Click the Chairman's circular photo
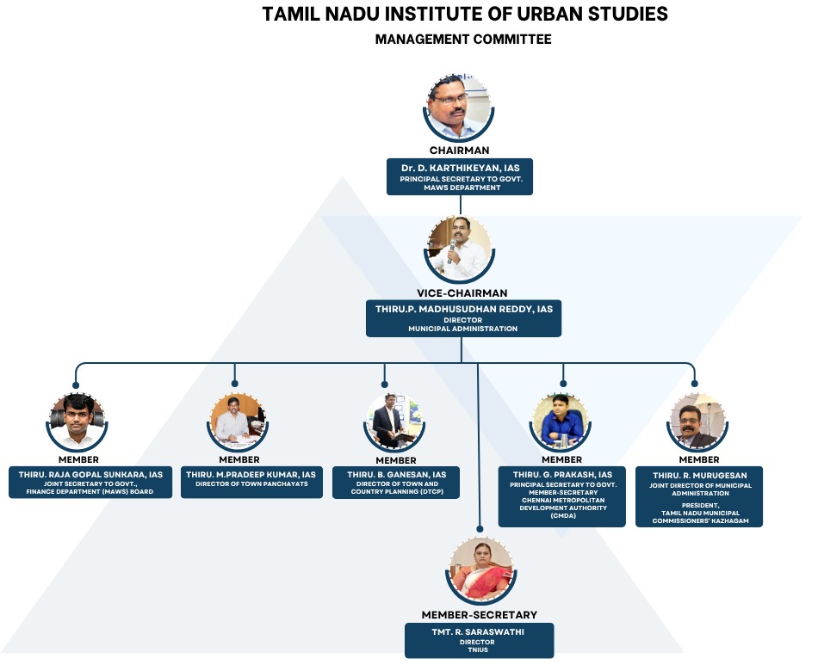[x=459, y=108]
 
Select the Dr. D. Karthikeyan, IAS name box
[x=460, y=175]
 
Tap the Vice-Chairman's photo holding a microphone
[x=459, y=248]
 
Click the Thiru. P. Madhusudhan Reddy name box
[x=463, y=317]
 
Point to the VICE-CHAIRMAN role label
[x=462, y=293]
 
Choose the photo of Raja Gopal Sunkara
[x=77, y=421]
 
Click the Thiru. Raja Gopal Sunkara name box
[x=90, y=482]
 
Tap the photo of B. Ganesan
[x=389, y=421]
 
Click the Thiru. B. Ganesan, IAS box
[x=396, y=482]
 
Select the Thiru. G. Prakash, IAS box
[x=563, y=496]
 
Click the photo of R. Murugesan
[x=698, y=421]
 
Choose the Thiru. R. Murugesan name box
[x=698, y=496]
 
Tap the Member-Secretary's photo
[x=480, y=569]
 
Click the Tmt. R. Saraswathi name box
[x=480, y=640]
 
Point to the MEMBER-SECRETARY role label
[x=480, y=615]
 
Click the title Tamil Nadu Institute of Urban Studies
[x=465, y=15]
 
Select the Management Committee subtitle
[x=463, y=40]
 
